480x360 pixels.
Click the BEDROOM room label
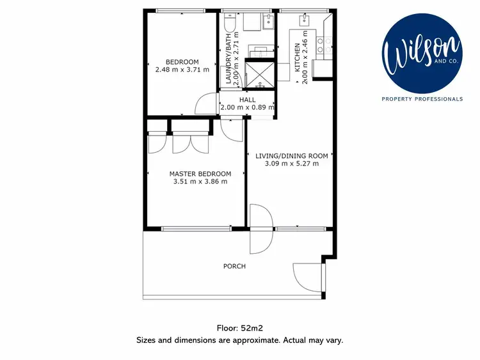[x=182, y=62]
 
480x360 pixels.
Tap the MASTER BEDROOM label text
[x=200, y=173]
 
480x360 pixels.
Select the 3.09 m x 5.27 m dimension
[x=291, y=164]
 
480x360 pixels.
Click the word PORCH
[x=234, y=266]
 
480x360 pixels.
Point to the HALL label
[x=247, y=100]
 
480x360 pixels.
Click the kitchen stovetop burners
[x=328, y=45]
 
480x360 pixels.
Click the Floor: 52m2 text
[x=239, y=328]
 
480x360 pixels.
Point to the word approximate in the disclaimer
[x=243, y=340]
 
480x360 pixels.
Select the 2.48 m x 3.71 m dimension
[x=182, y=70]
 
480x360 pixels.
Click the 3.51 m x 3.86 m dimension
[x=200, y=181]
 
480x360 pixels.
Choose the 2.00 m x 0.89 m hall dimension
[x=247, y=107]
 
